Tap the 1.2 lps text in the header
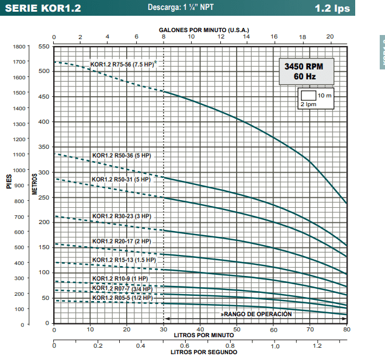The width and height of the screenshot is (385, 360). (332, 9)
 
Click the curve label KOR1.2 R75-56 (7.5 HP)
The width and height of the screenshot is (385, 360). (122, 64)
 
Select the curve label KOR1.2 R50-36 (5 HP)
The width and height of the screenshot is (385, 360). (121, 156)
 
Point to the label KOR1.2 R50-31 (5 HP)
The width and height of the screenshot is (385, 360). (121, 179)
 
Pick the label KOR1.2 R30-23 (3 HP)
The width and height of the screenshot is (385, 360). (121, 216)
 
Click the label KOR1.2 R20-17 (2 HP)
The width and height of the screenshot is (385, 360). (121, 241)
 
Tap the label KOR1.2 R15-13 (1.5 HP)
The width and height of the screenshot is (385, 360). (123, 260)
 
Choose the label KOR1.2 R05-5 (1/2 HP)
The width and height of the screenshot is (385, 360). (122, 298)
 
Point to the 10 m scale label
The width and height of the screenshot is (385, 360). (325, 95)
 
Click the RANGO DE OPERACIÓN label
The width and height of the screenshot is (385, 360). (256, 314)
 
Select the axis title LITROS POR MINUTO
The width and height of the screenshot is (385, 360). (204, 335)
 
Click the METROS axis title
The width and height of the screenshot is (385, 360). (36, 184)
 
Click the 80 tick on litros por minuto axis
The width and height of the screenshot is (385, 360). (346, 330)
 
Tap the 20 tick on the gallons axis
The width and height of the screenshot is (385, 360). (329, 37)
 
